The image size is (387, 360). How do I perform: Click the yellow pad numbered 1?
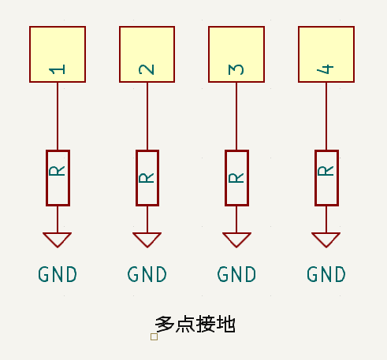click(x=58, y=54)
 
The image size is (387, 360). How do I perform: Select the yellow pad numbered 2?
click(x=147, y=54)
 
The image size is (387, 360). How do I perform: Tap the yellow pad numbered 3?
click(x=236, y=54)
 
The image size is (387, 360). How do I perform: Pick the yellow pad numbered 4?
click(x=326, y=54)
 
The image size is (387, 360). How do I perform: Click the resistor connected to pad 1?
click(x=58, y=177)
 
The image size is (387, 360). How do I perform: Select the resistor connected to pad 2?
click(x=147, y=177)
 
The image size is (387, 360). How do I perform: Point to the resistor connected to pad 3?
click(x=236, y=177)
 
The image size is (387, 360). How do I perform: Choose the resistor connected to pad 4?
click(x=326, y=177)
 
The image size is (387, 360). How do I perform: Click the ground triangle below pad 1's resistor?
click(x=58, y=239)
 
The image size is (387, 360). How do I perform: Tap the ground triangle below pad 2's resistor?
click(x=147, y=239)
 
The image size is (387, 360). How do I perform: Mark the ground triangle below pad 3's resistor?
click(x=236, y=239)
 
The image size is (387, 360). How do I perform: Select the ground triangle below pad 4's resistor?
click(x=326, y=239)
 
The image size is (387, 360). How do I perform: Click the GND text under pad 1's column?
click(x=58, y=275)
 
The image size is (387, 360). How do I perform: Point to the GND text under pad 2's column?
click(x=147, y=275)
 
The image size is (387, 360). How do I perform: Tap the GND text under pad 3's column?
click(x=237, y=275)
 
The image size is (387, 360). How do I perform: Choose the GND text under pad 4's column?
click(x=326, y=275)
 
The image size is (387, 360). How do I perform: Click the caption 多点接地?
click(x=195, y=323)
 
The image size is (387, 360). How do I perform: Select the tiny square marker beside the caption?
click(x=154, y=336)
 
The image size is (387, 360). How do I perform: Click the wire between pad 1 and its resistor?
click(x=58, y=116)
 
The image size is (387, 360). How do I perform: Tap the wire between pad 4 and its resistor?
click(x=326, y=116)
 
